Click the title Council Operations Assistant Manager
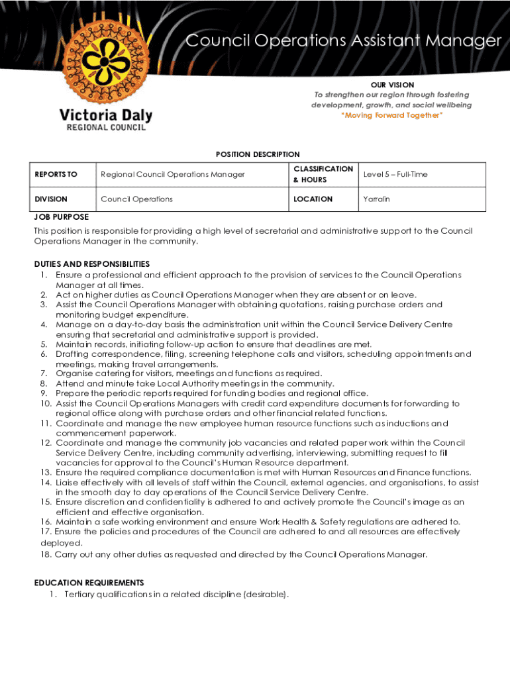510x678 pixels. click(343, 41)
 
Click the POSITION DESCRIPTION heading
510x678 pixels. click(258, 154)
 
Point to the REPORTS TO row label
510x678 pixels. click(56, 174)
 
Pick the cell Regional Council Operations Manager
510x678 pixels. click(172, 174)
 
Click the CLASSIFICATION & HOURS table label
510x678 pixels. click(323, 174)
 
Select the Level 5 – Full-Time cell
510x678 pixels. click(395, 174)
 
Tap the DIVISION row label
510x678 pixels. click(51, 199)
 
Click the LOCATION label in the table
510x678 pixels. click(313, 199)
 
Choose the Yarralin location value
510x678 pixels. click(377, 199)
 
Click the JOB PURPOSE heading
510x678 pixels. click(62, 217)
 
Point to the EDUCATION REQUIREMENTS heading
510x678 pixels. click(89, 583)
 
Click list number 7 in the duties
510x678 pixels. click(43, 373)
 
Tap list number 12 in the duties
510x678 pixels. click(46, 442)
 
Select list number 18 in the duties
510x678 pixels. click(46, 554)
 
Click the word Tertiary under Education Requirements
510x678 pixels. click(80, 594)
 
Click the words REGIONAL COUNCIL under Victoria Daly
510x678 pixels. click(105, 128)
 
